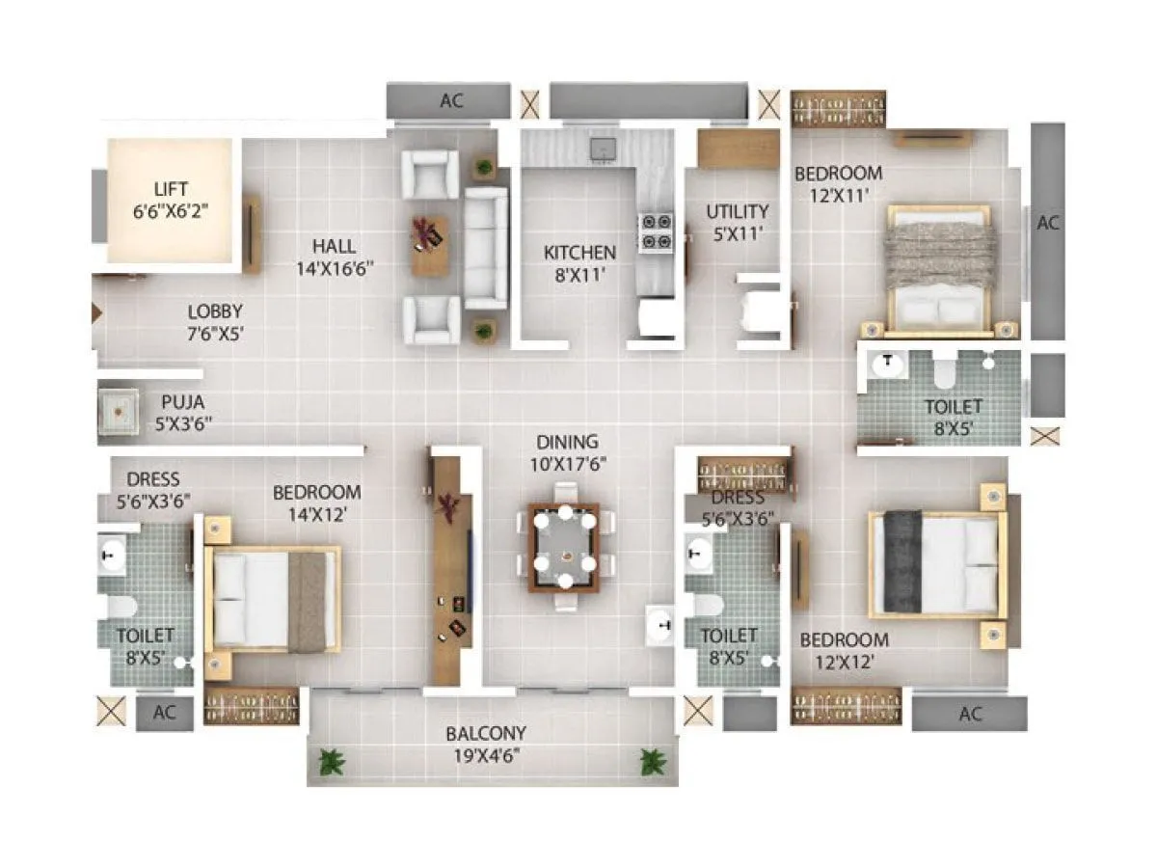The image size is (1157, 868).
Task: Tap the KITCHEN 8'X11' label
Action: tap(579, 262)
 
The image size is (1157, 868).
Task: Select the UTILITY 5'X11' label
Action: tap(738, 221)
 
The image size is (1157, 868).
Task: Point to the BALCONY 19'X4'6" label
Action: tap(486, 744)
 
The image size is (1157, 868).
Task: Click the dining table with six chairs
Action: tap(564, 547)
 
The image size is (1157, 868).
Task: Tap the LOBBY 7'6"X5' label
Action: tap(215, 321)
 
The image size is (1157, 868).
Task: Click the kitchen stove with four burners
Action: tap(656, 231)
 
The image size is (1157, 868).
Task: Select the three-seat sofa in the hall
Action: tap(486, 247)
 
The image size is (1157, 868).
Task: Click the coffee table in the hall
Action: tap(429, 245)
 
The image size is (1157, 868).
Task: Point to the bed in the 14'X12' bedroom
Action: tap(274, 600)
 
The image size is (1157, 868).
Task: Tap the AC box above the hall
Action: tap(448, 100)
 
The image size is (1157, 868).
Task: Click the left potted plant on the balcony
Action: tap(332, 762)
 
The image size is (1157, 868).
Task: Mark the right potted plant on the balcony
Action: tap(653, 762)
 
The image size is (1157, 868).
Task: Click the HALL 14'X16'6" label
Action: tap(335, 257)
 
